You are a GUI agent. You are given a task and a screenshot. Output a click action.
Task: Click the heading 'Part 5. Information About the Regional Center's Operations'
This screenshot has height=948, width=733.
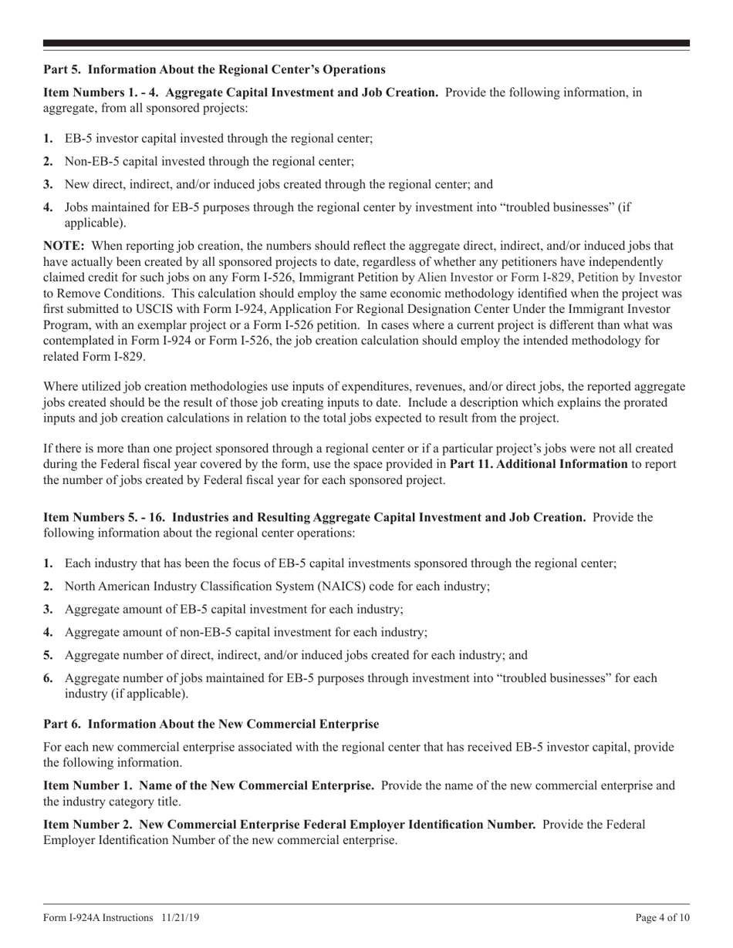(214, 70)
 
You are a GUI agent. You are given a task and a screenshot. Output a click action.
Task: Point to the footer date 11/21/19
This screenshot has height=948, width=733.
(181, 918)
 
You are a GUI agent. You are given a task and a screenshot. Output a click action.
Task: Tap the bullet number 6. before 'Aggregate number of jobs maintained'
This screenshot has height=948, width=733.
(49, 678)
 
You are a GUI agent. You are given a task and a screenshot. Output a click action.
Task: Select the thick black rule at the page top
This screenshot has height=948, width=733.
(366, 43)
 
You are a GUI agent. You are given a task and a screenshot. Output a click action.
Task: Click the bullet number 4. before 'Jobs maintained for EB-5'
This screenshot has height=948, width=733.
(49, 207)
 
